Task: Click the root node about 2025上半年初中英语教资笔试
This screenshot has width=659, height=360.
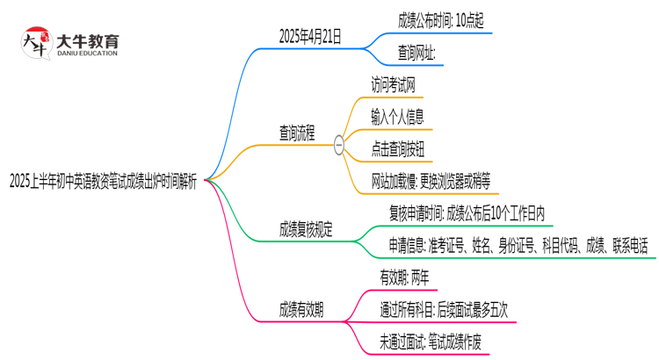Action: click(103, 181)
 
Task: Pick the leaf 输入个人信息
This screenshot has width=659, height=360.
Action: click(411, 116)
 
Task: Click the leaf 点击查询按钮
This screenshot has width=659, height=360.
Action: click(411, 148)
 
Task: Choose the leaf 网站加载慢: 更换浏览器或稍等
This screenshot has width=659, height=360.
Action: click(437, 181)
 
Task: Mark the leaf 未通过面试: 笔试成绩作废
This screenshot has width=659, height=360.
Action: click(430, 341)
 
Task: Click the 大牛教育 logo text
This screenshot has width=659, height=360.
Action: click(87, 40)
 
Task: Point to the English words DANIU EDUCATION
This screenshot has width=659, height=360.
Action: click(87, 54)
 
